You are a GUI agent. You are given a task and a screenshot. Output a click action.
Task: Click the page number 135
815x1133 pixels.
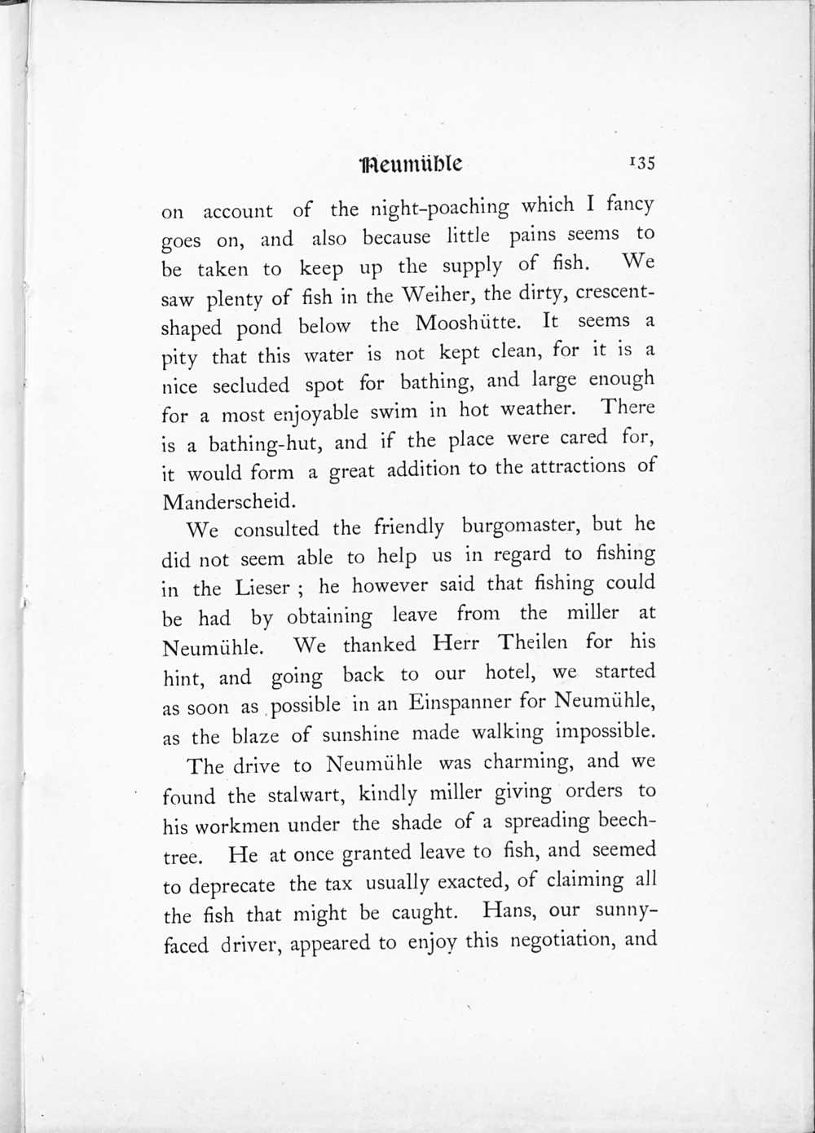[641, 162]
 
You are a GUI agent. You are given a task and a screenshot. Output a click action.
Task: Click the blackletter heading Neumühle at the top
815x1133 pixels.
[412, 164]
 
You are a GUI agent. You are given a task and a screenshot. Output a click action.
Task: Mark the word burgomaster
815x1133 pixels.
[522, 527]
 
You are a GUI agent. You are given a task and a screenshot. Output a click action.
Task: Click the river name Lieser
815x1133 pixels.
[262, 588]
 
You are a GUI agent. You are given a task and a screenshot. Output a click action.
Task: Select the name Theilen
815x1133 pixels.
[533, 642]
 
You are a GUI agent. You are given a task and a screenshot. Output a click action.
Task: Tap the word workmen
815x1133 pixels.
[236, 824]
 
